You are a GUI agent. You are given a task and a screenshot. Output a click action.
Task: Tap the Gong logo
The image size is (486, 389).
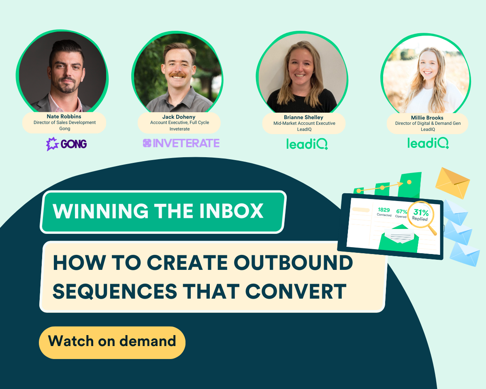[66, 144]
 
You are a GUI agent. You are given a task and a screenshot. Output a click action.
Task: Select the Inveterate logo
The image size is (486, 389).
[181, 143]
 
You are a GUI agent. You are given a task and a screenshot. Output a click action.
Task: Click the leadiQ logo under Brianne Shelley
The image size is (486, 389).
[307, 144]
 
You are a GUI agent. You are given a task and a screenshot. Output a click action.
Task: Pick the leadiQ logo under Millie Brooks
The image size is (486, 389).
[428, 143]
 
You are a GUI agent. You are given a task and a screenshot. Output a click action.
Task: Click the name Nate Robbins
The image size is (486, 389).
[64, 116]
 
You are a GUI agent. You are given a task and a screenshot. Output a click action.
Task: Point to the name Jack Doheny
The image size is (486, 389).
[179, 117]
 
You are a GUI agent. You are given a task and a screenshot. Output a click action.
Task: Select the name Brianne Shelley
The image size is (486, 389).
[303, 118]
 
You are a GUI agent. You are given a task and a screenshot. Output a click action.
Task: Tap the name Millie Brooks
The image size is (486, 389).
[427, 118]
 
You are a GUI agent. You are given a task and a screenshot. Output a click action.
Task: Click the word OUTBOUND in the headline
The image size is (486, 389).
[293, 263]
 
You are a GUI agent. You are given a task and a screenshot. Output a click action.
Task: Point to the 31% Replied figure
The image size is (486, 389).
[420, 215]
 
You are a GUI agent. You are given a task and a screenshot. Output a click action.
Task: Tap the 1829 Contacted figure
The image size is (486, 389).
[384, 212]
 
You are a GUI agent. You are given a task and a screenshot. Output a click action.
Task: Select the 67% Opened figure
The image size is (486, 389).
[401, 214]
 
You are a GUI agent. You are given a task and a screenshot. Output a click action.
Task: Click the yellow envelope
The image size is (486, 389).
[452, 183]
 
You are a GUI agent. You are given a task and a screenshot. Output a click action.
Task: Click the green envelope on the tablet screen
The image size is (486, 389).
[399, 239]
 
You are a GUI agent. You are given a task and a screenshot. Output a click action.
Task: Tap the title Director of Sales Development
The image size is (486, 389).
[64, 122]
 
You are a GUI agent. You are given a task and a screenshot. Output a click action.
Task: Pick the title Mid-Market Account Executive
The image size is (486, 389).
[304, 124]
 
